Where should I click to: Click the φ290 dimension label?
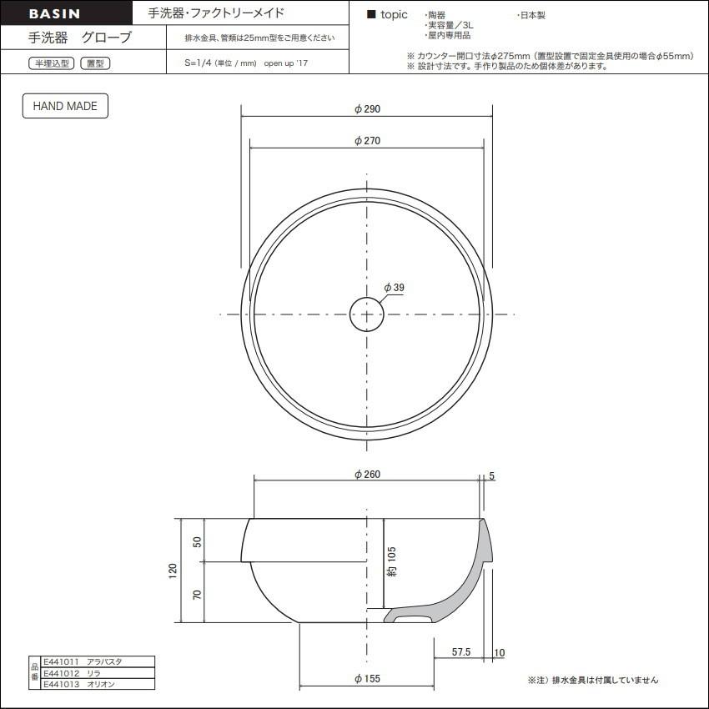367,109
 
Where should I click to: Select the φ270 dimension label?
367,141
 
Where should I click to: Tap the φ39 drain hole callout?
394,288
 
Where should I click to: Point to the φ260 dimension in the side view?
367,475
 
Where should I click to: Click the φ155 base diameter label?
367,679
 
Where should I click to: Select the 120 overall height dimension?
173,571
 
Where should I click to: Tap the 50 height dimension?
197,541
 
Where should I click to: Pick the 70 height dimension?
197,595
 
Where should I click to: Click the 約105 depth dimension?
391,561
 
